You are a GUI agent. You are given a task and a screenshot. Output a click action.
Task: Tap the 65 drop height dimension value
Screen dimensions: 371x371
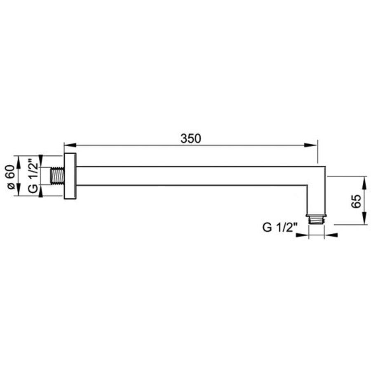pos(357,201)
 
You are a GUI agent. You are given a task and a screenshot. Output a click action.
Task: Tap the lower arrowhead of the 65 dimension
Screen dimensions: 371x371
pos(364,221)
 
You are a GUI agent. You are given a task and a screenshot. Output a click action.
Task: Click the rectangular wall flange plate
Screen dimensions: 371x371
pos(70,176)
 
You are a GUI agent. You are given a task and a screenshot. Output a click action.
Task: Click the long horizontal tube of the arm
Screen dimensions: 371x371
pos(194,176)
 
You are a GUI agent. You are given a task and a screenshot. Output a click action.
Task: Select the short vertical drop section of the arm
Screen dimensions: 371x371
pos(317,198)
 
